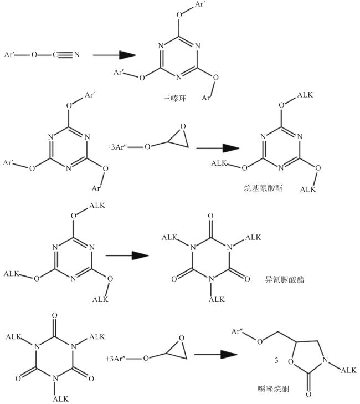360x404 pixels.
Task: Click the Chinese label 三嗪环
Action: click(x=174, y=98)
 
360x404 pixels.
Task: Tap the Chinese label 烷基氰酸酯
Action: click(x=263, y=188)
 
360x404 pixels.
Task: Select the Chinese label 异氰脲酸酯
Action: click(x=285, y=279)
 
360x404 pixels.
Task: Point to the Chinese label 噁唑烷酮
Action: click(x=273, y=388)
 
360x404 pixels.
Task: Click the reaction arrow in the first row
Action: click(x=114, y=55)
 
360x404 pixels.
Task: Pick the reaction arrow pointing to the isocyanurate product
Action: click(x=127, y=255)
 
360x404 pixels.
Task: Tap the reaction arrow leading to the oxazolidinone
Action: click(x=215, y=354)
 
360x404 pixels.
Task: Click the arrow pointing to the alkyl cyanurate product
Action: click(x=218, y=148)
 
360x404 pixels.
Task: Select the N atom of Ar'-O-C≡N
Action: click(x=77, y=55)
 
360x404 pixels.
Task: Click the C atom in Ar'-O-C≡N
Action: click(x=55, y=55)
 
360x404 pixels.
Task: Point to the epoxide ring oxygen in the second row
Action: click(x=183, y=126)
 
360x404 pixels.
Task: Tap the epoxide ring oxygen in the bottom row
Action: click(x=182, y=338)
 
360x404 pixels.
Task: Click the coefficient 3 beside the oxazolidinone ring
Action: click(x=276, y=360)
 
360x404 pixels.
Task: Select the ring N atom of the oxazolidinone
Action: click(x=326, y=360)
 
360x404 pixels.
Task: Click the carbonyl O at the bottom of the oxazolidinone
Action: click(x=308, y=394)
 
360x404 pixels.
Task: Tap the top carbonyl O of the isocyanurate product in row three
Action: click(x=210, y=216)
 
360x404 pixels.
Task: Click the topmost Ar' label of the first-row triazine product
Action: click(x=199, y=4)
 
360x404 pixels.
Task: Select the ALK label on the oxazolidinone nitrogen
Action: click(x=349, y=370)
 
